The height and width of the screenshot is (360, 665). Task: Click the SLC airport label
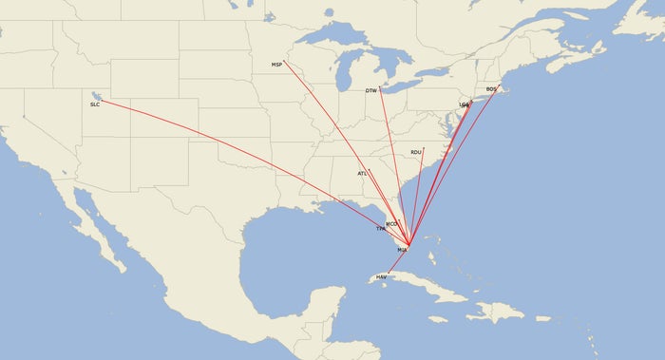pos(95,104)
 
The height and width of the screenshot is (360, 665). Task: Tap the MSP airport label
pos(276,65)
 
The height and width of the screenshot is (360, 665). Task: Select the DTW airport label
pos(371,91)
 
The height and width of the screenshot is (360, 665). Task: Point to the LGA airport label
pos(464,104)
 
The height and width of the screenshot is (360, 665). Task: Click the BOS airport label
pos(491,89)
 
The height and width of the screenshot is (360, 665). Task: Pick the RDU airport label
pos(416,152)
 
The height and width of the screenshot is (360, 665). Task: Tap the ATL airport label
pos(362,174)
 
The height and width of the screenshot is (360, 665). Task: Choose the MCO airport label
pos(391,223)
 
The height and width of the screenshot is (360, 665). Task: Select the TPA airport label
pos(381,229)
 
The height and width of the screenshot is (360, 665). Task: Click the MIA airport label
pos(402,250)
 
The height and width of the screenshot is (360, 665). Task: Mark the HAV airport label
pos(382,276)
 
